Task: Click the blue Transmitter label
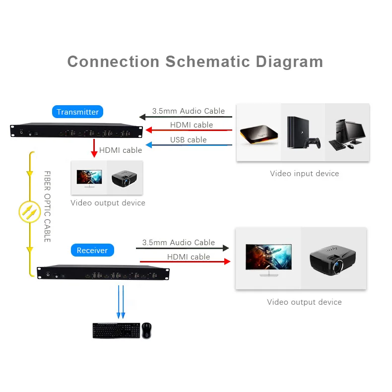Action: point(77,112)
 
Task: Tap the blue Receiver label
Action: point(92,250)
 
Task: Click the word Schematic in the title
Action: point(208,62)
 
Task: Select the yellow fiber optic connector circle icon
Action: point(29,212)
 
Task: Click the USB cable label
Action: point(188,139)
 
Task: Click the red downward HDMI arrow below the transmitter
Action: point(93,148)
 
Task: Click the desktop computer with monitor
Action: point(347,133)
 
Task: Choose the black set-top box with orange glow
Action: point(259,135)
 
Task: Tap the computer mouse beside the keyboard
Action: point(146,330)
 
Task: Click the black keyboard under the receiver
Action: point(115,330)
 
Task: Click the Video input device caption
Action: point(304,174)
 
